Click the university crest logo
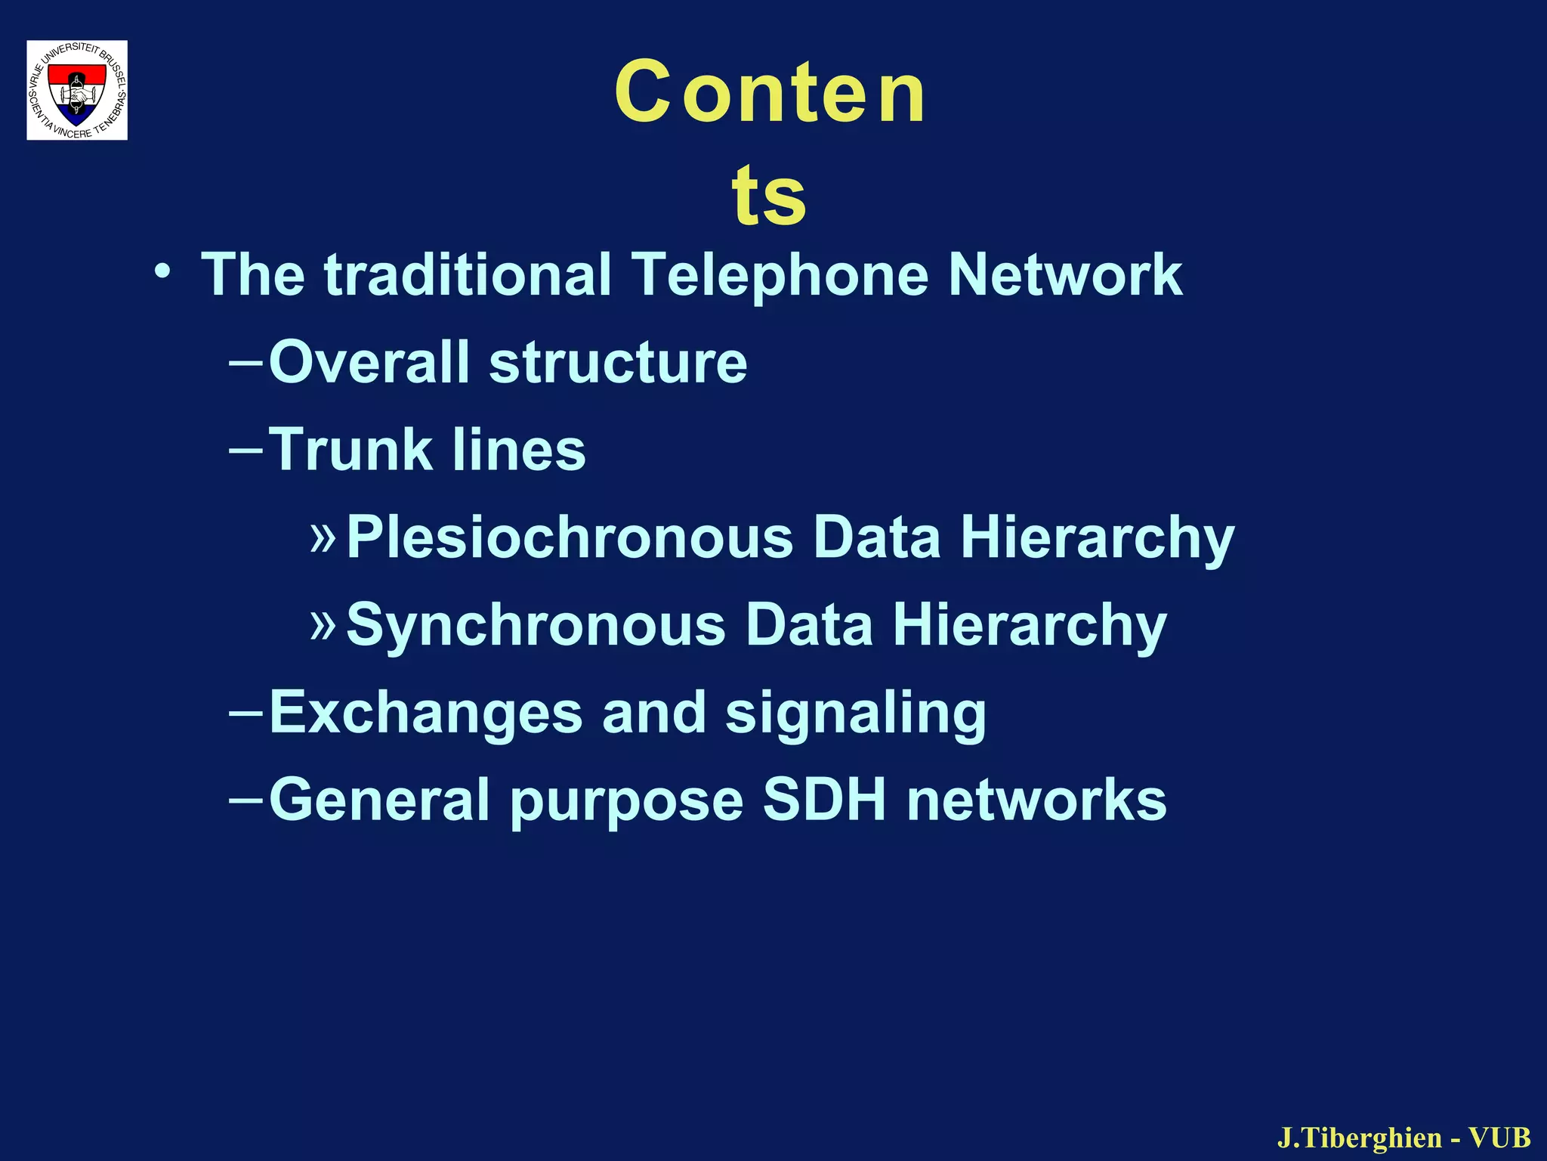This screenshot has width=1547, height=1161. coord(77,90)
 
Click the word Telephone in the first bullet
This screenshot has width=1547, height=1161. coord(780,274)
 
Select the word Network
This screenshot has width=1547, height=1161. coord(1065,274)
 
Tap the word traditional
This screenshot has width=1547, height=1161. coord(468,274)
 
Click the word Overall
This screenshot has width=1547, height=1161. coord(369,362)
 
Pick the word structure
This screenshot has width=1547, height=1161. coord(618,362)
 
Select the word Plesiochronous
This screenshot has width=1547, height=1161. coord(570,538)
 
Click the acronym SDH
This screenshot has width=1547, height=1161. coord(824,800)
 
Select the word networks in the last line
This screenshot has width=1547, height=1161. coord(1036,800)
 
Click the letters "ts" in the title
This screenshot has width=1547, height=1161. coord(769,195)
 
